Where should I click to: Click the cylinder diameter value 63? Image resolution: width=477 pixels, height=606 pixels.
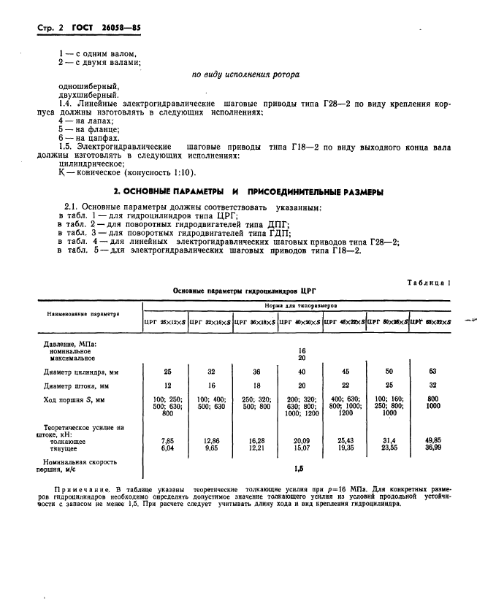(x=432, y=371)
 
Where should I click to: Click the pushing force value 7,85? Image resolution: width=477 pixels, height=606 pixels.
(x=166, y=441)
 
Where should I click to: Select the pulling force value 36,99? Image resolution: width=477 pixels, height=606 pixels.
(x=432, y=448)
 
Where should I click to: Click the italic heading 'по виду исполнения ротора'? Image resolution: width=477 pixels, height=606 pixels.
(x=245, y=74)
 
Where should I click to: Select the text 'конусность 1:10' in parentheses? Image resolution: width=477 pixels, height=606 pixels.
(x=162, y=172)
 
